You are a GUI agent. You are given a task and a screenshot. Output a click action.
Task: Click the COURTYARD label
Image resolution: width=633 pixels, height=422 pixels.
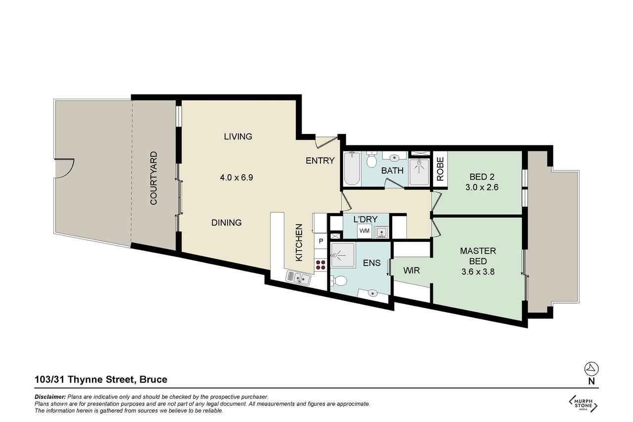154,178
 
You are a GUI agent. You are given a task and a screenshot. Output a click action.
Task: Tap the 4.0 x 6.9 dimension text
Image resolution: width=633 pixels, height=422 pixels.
236,178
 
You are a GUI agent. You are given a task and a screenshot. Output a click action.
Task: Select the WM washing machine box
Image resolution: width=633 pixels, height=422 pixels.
364,231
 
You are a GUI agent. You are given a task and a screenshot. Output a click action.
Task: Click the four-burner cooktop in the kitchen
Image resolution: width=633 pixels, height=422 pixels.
321,265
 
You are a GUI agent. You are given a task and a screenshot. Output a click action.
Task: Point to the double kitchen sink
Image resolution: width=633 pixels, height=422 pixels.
298,278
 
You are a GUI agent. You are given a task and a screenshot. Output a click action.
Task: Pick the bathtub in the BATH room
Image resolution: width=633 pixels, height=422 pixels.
352,169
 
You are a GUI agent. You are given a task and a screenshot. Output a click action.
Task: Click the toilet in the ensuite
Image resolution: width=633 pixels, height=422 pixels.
339,281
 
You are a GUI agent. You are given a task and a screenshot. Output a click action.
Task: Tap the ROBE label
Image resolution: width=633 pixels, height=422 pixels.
440,169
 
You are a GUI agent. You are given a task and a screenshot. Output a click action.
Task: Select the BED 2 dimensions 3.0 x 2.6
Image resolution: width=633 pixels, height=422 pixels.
482,187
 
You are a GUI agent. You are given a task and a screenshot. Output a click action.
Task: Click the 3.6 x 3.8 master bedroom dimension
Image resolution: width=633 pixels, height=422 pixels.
478,272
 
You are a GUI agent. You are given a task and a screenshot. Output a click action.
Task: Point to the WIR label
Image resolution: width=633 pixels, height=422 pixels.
411,271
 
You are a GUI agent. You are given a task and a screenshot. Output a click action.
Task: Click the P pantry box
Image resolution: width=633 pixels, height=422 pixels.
321,241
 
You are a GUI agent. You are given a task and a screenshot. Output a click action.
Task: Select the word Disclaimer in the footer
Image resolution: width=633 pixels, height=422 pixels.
50,397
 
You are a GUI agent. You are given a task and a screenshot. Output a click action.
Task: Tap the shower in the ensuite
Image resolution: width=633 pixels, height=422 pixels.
343,255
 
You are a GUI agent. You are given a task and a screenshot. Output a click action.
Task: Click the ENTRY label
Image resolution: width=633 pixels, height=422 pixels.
320,161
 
